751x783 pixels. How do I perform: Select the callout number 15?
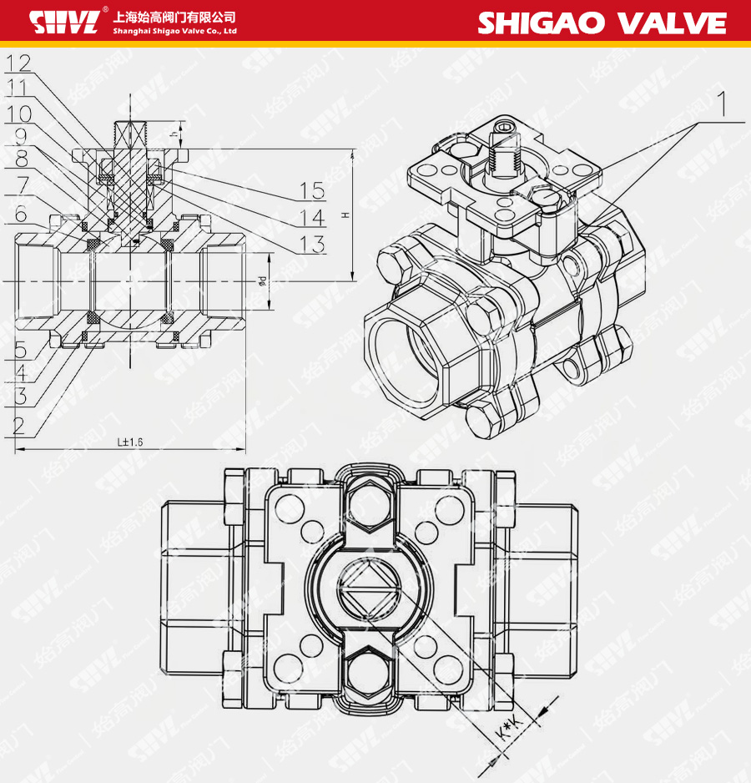312,190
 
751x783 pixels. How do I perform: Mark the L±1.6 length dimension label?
130,442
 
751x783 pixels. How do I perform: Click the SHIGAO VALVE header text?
601,23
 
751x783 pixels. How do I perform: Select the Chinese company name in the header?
174,16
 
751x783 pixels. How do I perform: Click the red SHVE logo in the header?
64,22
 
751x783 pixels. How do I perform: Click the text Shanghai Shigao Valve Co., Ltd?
174,31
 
